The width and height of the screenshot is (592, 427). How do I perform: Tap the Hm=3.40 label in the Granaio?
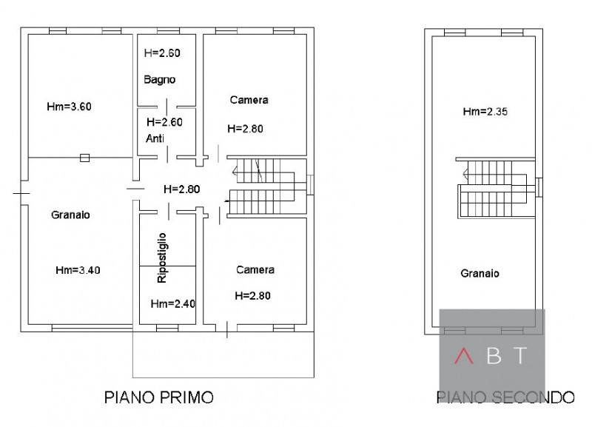[x=78, y=270]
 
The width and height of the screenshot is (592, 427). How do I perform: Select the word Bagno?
[x=159, y=80]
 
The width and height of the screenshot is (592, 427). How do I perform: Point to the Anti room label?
[x=155, y=138]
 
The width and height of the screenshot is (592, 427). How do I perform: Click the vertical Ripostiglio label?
[x=162, y=258]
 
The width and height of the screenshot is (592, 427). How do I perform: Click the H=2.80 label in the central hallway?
[x=181, y=189]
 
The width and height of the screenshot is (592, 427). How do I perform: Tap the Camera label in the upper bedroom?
[x=249, y=100]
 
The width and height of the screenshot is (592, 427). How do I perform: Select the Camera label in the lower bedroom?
[x=255, y=270]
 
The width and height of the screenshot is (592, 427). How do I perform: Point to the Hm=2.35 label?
[x=485, y=112]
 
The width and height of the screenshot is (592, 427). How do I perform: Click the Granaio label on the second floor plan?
[x=480, y=273]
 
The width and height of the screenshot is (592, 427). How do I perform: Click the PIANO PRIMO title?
[x=158, y=397]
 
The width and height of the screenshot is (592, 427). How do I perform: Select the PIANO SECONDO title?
[x=505, y=397]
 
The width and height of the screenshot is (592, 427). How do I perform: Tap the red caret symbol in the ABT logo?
[x=464, y=356]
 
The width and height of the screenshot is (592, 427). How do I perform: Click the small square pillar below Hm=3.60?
[x=84, y=157]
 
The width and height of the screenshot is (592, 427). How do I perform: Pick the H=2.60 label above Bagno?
[x=162, y=53]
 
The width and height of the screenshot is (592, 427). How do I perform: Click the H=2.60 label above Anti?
[x=164, y=122]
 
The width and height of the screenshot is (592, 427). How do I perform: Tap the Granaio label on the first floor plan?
[x=70, y=215]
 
